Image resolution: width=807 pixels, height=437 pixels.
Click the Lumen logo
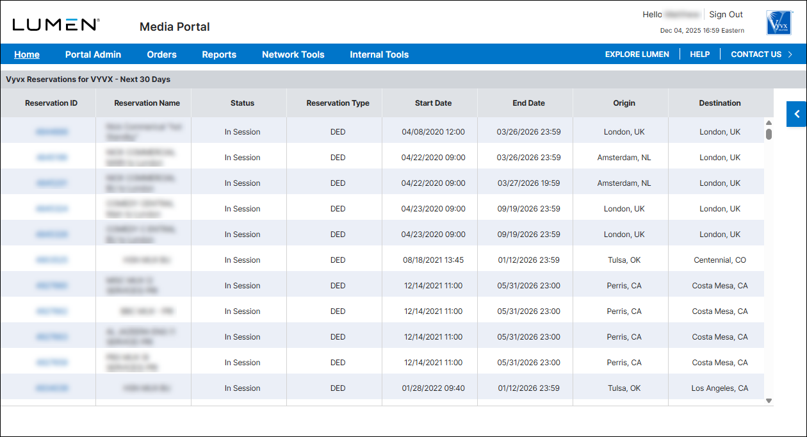(x=56, y=25)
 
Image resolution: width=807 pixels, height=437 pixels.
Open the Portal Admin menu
(x=93, y=54)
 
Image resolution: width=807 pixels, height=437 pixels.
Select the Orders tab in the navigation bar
(x=161, y=54)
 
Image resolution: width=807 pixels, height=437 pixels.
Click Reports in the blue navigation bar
(x=219, y=54)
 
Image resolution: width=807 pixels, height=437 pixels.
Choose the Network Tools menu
(x=293, y=54)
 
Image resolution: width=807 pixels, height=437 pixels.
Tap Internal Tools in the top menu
(x=379, y=54)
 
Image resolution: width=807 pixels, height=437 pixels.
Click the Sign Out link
(x=726, y=15)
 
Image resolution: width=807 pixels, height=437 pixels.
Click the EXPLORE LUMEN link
(x=637, y=54)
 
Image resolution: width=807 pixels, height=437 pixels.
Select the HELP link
(x=699, y=54)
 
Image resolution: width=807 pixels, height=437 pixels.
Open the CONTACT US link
(x=756, y=54)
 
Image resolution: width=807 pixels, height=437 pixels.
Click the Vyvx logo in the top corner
(x=779, y=22)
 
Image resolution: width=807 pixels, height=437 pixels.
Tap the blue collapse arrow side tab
(x=797, y=114)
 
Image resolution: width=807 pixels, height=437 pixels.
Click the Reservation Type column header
(x=338, y=103)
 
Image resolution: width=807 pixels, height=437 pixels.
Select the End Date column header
(x=528, y=103)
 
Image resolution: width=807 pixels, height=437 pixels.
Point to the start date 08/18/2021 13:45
(x=434, y=260)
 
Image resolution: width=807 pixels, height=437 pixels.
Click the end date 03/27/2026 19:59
(x=528, y=183)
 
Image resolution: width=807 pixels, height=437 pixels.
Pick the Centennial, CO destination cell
(x=720, y=260)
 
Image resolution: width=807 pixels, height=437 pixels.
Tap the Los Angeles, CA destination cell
(x=720, y=388)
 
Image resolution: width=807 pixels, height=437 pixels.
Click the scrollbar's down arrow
(x=769, y=401)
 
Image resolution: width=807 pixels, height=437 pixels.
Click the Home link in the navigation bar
(x=27, y=54)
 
